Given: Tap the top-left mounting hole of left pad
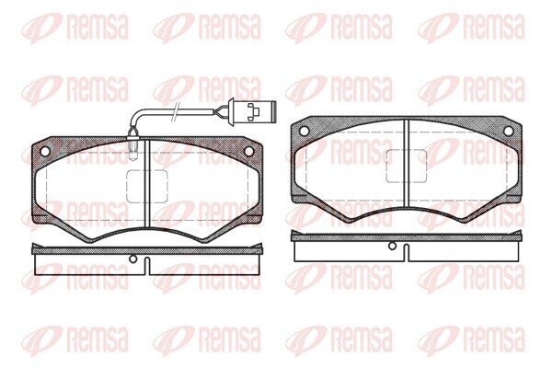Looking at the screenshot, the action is [45, 152].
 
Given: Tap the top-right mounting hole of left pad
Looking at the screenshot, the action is [248, 152].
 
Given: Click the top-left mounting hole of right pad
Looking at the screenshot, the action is [305, 131].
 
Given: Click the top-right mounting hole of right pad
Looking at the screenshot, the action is [508, 131].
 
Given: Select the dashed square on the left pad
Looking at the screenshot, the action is [147, 187].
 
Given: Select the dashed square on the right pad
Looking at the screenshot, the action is [407, 167].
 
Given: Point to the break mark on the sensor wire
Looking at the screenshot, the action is [176, 112].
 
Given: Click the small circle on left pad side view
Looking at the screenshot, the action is [132, 259].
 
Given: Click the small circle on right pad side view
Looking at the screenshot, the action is [392, 246].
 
